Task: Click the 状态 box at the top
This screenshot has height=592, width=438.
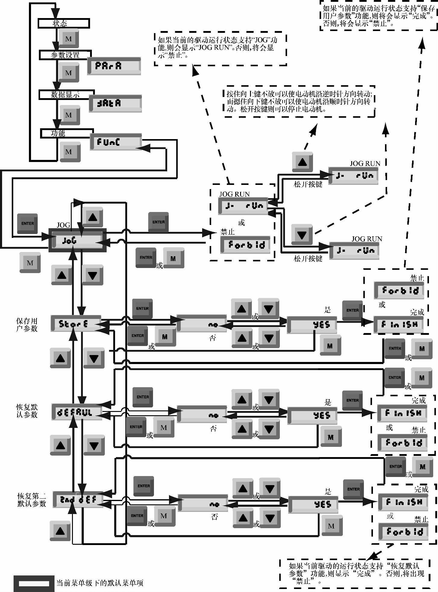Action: pyautogui.click(x=64, y=23)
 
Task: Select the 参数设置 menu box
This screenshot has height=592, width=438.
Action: pyautogui.click(x=65, y=55)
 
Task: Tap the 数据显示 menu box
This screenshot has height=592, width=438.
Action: pyautogui.click(x=66, y=95)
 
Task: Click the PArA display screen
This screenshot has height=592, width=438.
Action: pyautogui.click(x=114, y=66)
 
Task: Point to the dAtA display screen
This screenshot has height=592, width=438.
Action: pyautogui.click(x=115, y=104)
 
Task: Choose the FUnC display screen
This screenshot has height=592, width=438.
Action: pyautogui.click(x=116, y=142)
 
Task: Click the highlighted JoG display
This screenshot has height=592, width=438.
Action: pyautogui.click(x=77, y=240)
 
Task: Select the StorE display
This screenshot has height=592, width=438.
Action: pyautogui.click(x=76, y=324)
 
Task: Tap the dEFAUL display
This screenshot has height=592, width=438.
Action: pyautogui.click(x=77, y=412)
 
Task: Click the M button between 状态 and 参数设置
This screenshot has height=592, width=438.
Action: pyautogui.click(x=69, y=39)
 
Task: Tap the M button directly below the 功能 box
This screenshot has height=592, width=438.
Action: pyautogui.click(x=70, y=152)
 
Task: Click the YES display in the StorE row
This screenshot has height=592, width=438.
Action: pyautogui.click(x=312, y=325)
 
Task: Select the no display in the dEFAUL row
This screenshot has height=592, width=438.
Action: pyautogui.click(x=202, y=415)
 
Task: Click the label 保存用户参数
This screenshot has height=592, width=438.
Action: pyautogui.click(x=27, y=325)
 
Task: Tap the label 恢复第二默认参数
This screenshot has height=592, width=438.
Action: pyautogui.click(x=32, y=500)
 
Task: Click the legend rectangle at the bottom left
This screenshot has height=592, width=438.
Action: pyautogui.click(x=34, y=583)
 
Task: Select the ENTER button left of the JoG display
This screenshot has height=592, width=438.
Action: pyautogui.click(x=27, y=223)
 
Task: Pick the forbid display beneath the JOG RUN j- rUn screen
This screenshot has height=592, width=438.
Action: pyautogui.click(x=245, y=245)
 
